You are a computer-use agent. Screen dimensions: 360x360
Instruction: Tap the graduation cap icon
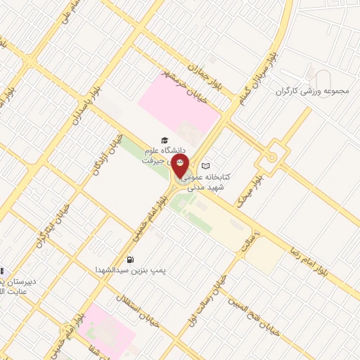[165, 140]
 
